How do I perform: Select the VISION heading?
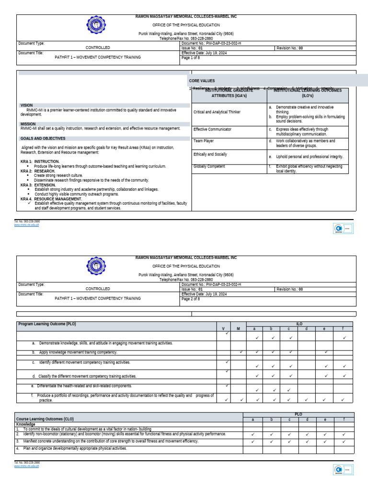pos(27,105)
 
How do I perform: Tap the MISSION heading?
pos(28,124)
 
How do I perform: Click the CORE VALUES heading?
pos(202,81)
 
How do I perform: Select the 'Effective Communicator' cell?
pos(212,129)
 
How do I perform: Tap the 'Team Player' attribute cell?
pos(204,141)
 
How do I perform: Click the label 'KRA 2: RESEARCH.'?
pos(38,171)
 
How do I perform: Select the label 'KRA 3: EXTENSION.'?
pos(38,185)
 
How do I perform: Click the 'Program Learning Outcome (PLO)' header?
pos(47,324)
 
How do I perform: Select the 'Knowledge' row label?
pos(26,424)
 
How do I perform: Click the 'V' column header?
pos(223,329)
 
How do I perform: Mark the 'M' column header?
pos(238,329)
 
